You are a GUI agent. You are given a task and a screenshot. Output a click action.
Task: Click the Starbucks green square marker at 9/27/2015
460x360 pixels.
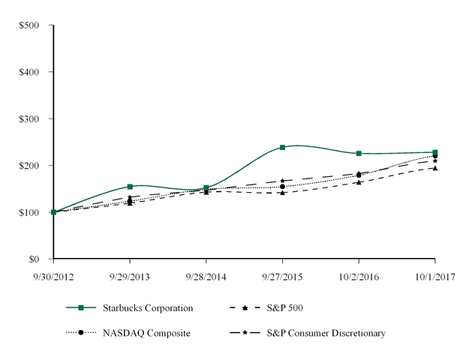(282, 147)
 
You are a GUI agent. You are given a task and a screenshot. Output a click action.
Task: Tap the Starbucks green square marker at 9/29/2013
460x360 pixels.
(130, 186)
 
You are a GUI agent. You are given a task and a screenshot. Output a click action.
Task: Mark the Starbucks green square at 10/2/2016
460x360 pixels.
(359, 153)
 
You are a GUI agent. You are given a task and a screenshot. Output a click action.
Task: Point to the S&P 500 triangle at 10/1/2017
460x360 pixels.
(435, 168)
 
